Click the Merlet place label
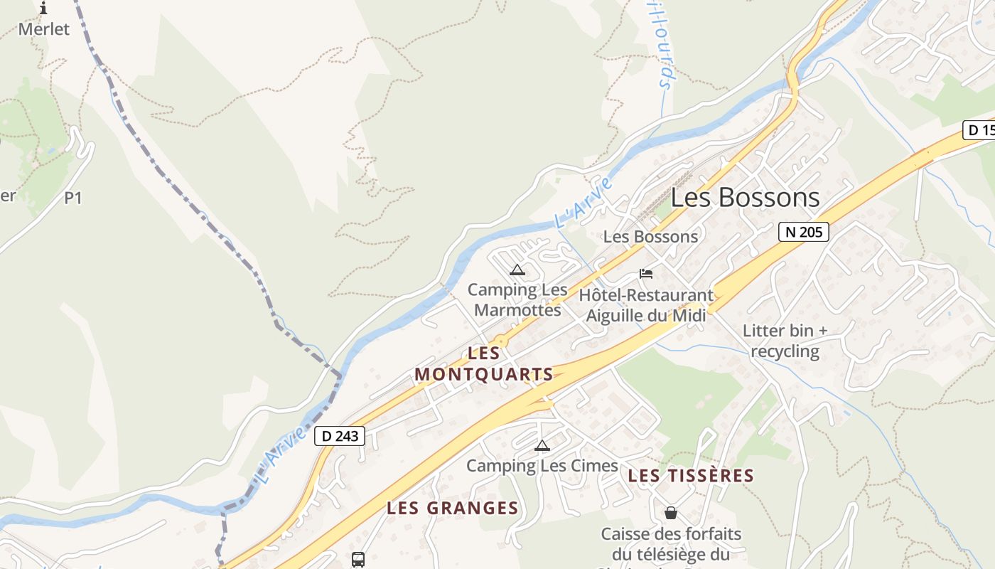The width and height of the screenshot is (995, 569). tap(44, 29)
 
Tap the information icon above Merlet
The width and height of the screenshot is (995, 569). tap(43, 9)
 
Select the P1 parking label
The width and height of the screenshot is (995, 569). tap(73, 198)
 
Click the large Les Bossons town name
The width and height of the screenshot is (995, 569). tap(745, 197)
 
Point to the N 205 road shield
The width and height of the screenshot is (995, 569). tap(803, 232)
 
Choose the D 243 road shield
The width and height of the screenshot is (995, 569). tap(340, 436)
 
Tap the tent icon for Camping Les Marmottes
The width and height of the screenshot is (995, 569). tap(517, 270)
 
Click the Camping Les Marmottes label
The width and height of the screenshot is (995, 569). tap(517, 299)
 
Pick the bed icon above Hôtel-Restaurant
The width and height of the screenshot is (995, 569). tap(646, 274)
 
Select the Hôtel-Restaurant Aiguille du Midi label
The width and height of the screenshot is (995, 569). tap(646, 304)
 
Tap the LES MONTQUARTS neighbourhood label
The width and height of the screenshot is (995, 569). tap(484, 363)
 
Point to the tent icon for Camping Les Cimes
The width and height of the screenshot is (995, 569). tap(542, 446)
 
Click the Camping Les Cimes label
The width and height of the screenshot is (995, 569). tap(542, 466)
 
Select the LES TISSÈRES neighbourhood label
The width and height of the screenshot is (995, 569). tap(691, 476)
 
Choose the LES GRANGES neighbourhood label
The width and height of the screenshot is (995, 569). tap(453, 508)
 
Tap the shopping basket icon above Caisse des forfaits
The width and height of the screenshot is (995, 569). tap(671, 513)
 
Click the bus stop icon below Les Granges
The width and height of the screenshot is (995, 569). tap(358, 560)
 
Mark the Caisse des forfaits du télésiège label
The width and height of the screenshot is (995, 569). tap(671, 544)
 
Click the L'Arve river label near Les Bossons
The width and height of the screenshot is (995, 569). tap(583, 203)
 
